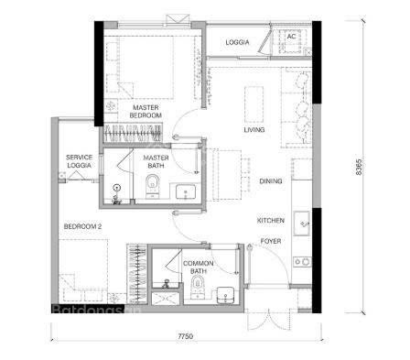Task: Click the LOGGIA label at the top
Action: coord(237,42)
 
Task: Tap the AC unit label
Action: coord(291,37)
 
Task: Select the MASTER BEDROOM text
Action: coord(146,112)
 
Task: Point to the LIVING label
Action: coord(254,130)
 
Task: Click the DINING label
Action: coord(271,181)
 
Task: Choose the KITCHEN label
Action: coord(271,221)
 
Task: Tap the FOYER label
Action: coord(271,241)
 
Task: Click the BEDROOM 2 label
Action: coord(82,226)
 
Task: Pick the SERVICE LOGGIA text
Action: coord(79,161)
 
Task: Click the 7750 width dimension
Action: coord(186,336)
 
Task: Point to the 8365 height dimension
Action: coord(359,167)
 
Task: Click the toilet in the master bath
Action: coord(152,186)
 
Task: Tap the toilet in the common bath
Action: coord(198,287)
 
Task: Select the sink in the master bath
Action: coord(186,191)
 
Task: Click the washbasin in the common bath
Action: coord(225,295)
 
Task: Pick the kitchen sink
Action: coord(302,224)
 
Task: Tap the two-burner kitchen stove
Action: coord(302,262)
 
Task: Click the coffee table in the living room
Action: coord(254,104)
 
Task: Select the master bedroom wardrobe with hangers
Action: coord(133,133)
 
